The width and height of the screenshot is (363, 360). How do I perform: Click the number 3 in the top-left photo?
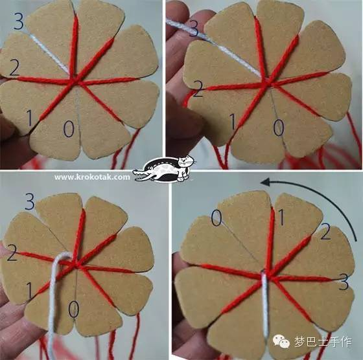[19, 21]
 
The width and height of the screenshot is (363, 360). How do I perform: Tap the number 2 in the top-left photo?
[14, 67]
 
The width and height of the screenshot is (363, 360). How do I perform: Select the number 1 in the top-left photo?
[29, 118]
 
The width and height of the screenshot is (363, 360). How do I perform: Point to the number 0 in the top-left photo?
[69, 129]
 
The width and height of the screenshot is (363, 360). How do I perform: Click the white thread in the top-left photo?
[51, 54]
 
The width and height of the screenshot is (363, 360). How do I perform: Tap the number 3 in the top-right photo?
[193, 28]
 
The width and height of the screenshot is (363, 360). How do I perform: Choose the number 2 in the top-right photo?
[198, 89]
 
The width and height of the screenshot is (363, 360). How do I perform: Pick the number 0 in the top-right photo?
[279, 128]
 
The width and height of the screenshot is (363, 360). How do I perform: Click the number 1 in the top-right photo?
[233, 121]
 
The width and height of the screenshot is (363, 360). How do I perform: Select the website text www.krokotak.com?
[92, 177]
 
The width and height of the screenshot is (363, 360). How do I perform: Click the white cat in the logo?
[185, 167]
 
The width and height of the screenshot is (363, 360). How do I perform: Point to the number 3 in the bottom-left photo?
[30, 201]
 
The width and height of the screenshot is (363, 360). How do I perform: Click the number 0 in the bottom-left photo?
[74, 309]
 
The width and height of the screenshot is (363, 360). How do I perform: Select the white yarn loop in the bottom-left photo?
[53, 300]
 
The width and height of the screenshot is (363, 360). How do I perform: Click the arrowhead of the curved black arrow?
[266, 182]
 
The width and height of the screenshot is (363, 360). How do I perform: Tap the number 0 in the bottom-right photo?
[217, 218]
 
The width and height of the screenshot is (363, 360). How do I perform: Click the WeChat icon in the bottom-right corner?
[281, 342]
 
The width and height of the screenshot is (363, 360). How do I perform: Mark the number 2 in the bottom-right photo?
[325, 231]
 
